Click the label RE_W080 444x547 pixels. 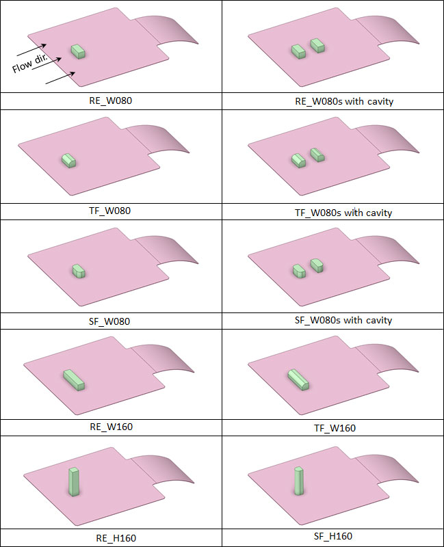click(111, 101)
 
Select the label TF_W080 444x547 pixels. click(110, 211)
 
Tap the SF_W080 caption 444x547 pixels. click(109, 321)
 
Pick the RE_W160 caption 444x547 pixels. click(111, 427)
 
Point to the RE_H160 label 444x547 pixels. click(116, 538)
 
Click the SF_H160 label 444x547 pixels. click(333, 536)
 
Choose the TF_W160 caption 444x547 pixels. click(335, 428)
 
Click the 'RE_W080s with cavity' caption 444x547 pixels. click(344, 101)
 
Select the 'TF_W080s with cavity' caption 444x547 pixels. click(343, 213)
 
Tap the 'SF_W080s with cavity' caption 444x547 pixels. click(343, 320)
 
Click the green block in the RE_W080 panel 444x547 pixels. click(79, 52)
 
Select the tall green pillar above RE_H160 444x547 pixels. click(74, 481)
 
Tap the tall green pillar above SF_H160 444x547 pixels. click(299, 481)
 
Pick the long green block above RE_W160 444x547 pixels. click(74, 380)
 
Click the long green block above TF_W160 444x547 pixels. click(298, 379)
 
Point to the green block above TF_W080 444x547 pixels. click(69, 161)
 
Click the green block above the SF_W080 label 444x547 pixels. click(79, 271)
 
